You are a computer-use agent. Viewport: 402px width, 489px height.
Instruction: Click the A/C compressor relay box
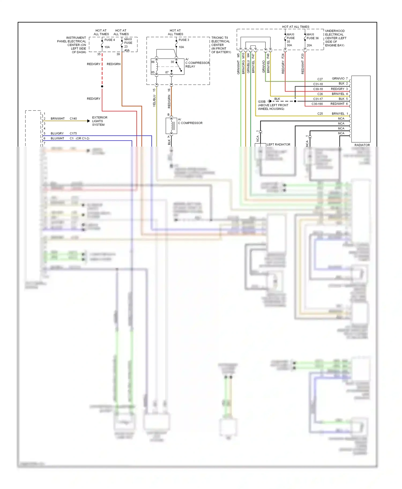point(167,67)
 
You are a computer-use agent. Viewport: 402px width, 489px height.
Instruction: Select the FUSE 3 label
point(184,40)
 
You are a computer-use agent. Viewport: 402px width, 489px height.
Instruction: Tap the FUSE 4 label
point(109,40)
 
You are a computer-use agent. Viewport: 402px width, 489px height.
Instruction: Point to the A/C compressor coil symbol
point(172,126)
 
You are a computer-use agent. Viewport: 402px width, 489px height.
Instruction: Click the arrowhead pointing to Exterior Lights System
point(88,121)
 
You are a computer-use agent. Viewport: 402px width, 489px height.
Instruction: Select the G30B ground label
point(262,102)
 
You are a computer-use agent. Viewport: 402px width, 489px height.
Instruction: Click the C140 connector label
point(73,119)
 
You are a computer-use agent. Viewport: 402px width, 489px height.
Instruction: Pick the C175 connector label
point(73,133)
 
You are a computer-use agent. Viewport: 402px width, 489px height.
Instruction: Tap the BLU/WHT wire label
point(57,138)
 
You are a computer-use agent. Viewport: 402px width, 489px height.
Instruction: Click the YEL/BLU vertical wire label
point(154,101)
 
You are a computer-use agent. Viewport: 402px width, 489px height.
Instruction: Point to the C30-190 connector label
point(317,104)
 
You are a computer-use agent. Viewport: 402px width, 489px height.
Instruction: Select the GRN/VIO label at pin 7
point(338,79)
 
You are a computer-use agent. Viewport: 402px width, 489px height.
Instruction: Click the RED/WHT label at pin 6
point(337,104)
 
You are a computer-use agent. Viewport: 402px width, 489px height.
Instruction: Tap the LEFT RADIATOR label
point(278,144)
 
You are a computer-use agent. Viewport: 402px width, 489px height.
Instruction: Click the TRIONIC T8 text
point(219,38)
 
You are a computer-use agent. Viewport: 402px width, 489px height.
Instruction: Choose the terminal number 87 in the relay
point(167,72)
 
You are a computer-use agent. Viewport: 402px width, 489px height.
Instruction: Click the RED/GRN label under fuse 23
point(113,64)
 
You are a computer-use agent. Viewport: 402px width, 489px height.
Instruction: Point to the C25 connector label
point(320,114)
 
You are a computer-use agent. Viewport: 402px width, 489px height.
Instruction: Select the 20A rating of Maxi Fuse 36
point(309,45)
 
